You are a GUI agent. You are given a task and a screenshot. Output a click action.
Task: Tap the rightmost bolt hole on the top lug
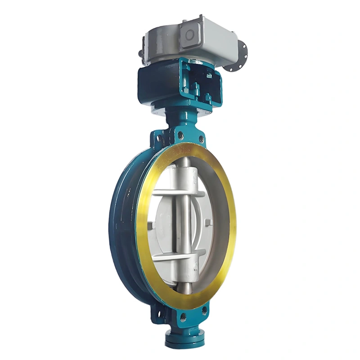tap(201, 139)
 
